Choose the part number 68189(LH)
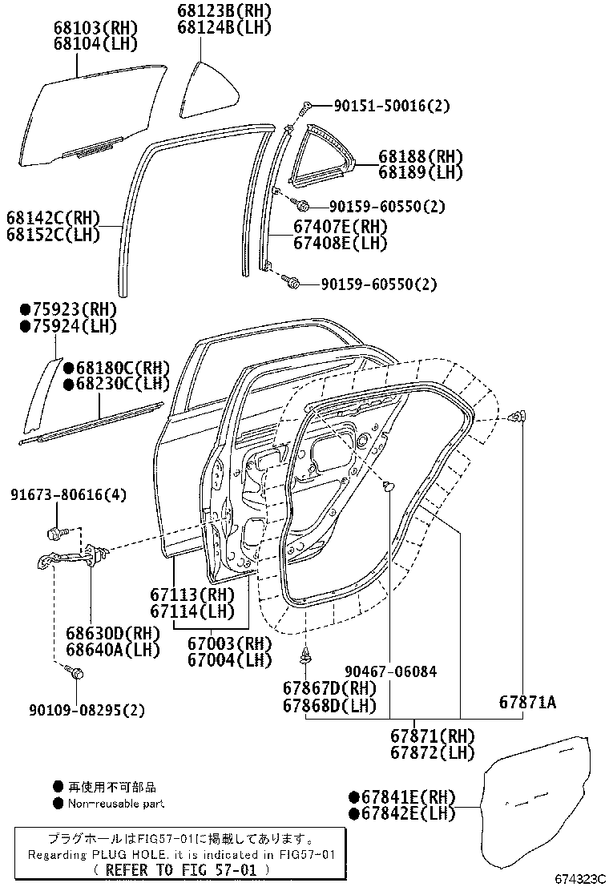[x=421, y=171]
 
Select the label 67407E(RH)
[x=340, y=227]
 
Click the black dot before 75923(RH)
[x=25, y=309]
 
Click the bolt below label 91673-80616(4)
[x=57, y=531]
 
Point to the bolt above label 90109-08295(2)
[x=76, y=674]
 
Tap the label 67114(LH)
[x=192, y=611]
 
